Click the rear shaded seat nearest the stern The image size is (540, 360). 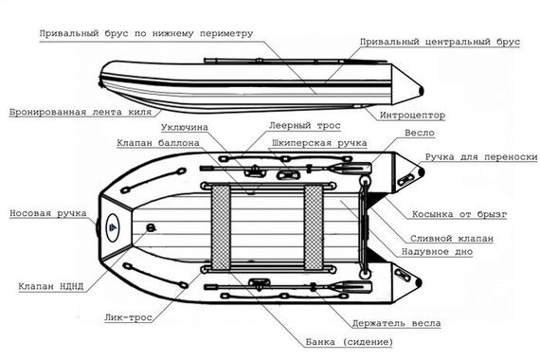point(315,225)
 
